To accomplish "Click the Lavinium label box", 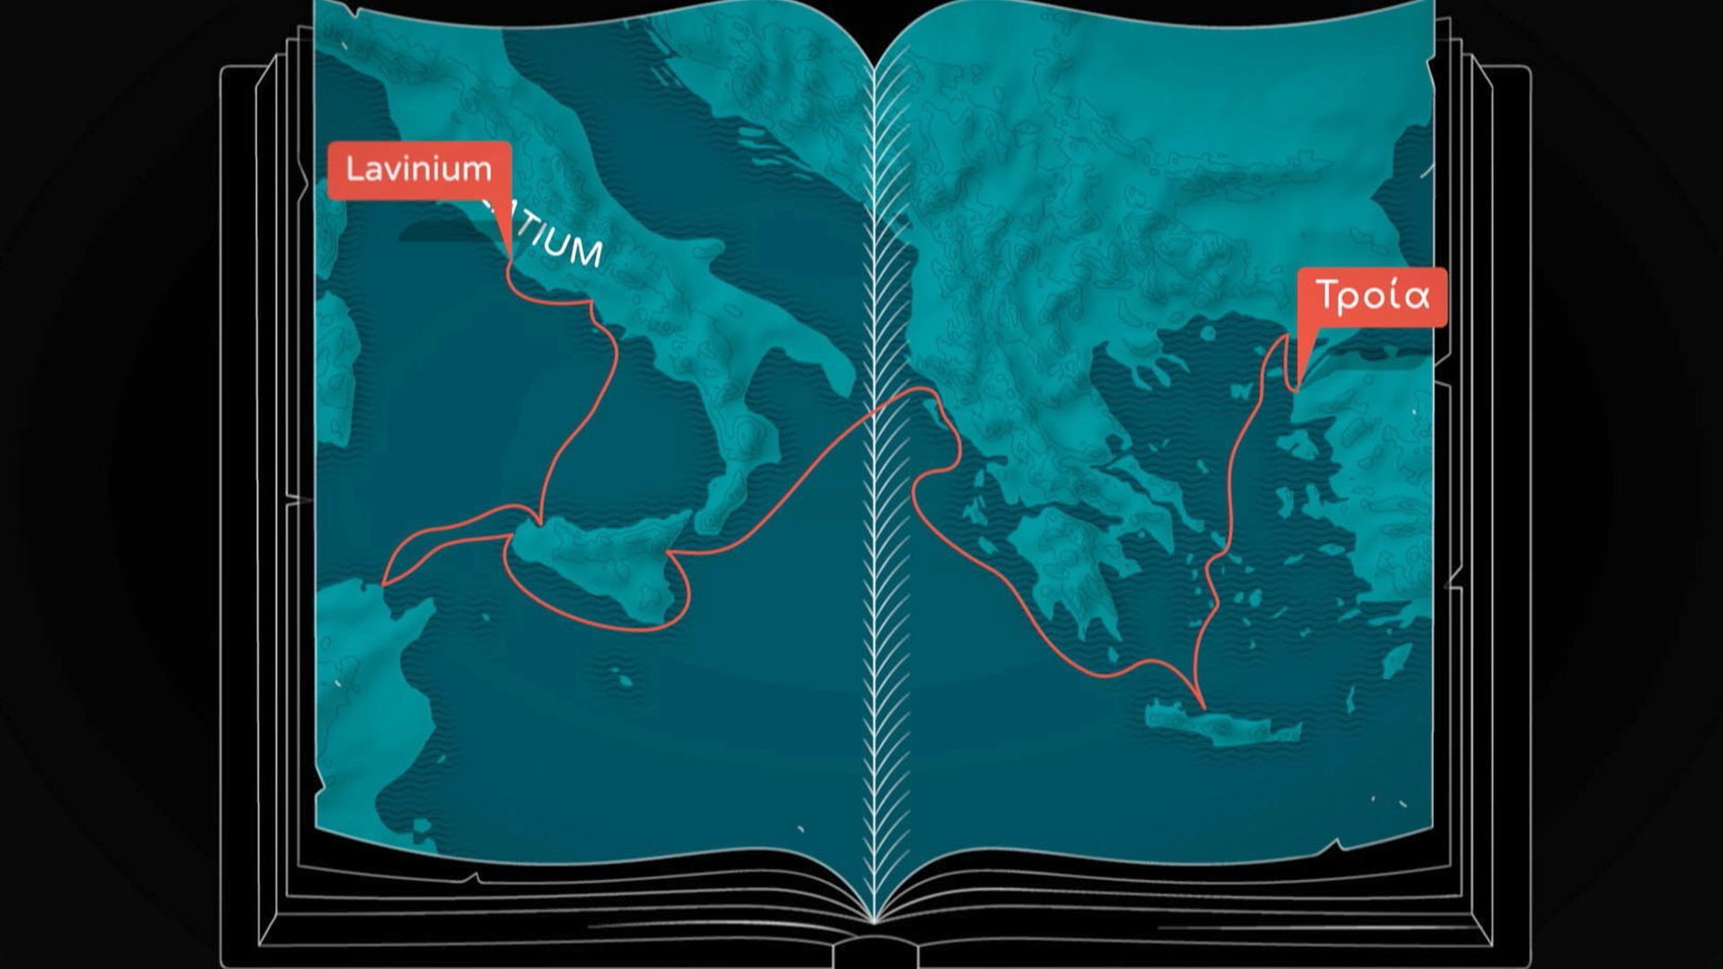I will tap(419, 170).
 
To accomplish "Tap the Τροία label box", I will tap(1372, 296).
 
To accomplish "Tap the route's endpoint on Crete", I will tap(1203, 705).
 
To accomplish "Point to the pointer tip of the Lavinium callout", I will tap(510, 259).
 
